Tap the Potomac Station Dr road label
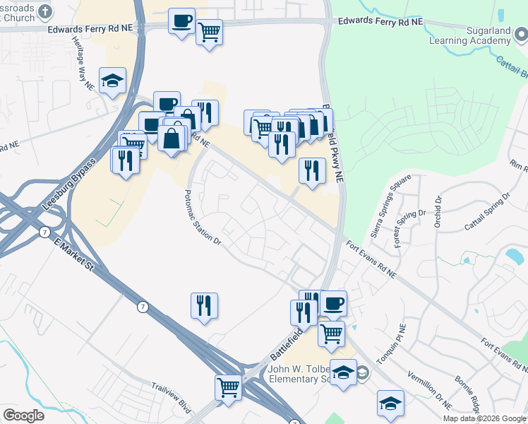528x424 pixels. coord(202,217)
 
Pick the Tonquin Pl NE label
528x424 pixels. coord(392,345)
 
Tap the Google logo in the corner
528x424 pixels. coord(23,416)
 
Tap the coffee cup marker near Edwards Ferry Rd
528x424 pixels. coord(182,20)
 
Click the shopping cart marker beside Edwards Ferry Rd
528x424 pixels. coord(209,32)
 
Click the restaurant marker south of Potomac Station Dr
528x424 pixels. coord(204,305)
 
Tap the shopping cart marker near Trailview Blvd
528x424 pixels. coord(228,387)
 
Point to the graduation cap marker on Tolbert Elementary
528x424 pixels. coord(344,372)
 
